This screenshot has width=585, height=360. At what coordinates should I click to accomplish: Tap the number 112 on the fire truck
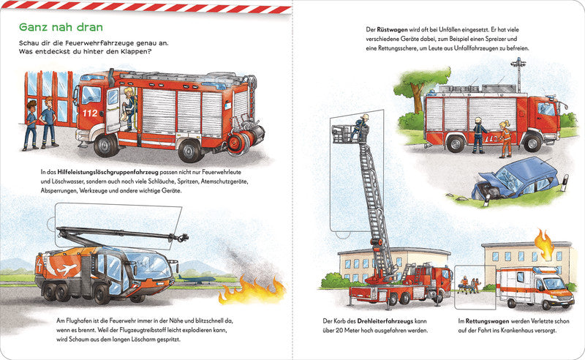89,114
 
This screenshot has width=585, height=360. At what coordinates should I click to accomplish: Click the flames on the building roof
543,244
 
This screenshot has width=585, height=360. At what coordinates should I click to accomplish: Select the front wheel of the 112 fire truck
106,146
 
